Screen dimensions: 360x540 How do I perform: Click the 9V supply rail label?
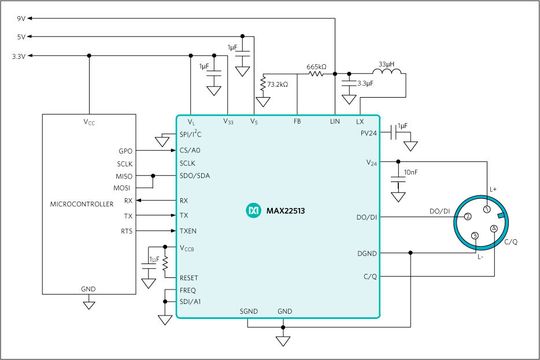coord(22,19)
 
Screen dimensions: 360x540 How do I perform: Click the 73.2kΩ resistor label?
coord(279,86)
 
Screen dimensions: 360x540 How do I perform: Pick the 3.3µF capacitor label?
coord(365,99)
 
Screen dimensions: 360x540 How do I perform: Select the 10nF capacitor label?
coord(411,173)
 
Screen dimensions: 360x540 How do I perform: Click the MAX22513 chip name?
coord(290,211)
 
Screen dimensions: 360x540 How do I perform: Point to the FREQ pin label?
coord(189,290)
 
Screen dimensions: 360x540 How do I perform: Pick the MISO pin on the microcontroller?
coord(125,176)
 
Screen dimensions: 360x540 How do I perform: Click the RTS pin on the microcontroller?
coord(126,230)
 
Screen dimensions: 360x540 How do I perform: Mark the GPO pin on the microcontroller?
coord(125,150)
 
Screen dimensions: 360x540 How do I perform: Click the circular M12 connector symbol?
coord(489,223)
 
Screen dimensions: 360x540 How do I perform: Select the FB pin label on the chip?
coord(297,121)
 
